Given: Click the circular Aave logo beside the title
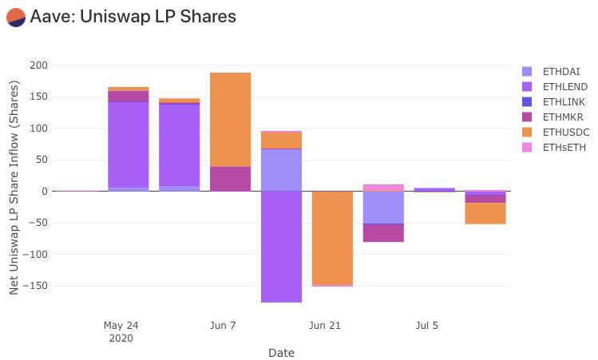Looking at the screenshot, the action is tap(16, 18).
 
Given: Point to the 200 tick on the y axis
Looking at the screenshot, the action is tap(39, 65).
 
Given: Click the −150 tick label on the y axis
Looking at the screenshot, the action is tap(35, 286).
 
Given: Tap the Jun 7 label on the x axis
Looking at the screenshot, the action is tap(223, 326).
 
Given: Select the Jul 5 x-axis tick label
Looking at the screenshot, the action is tap(427, 326).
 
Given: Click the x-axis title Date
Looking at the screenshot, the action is tap(281, 353).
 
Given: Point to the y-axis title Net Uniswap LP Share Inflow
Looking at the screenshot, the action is tap(14, 188).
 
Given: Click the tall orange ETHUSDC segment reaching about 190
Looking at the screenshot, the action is tap(231, 120).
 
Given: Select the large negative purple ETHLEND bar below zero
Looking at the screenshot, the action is tap(282, 247).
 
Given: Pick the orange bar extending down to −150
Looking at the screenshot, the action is tap(333, 238).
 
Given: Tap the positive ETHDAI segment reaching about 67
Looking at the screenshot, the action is tap(282, 170).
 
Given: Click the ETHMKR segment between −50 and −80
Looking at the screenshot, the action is tap(383, 232).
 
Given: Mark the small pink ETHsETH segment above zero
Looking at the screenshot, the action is tap(383, 188).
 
